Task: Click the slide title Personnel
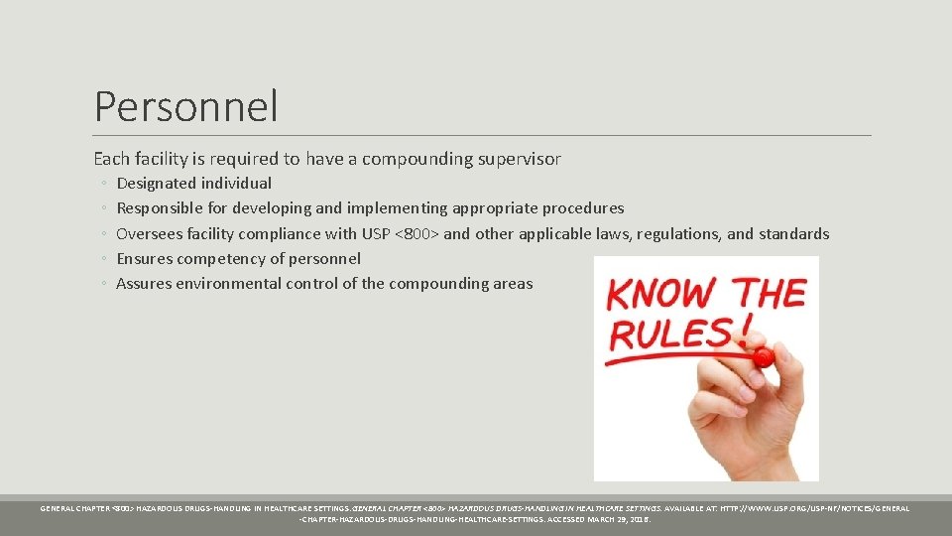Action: coord(185,107)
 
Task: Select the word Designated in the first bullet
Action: coord(156,184)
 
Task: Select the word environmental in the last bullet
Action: coord(235,284)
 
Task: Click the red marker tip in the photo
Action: coord(761,357)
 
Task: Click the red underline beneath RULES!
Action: coord(674,359)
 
